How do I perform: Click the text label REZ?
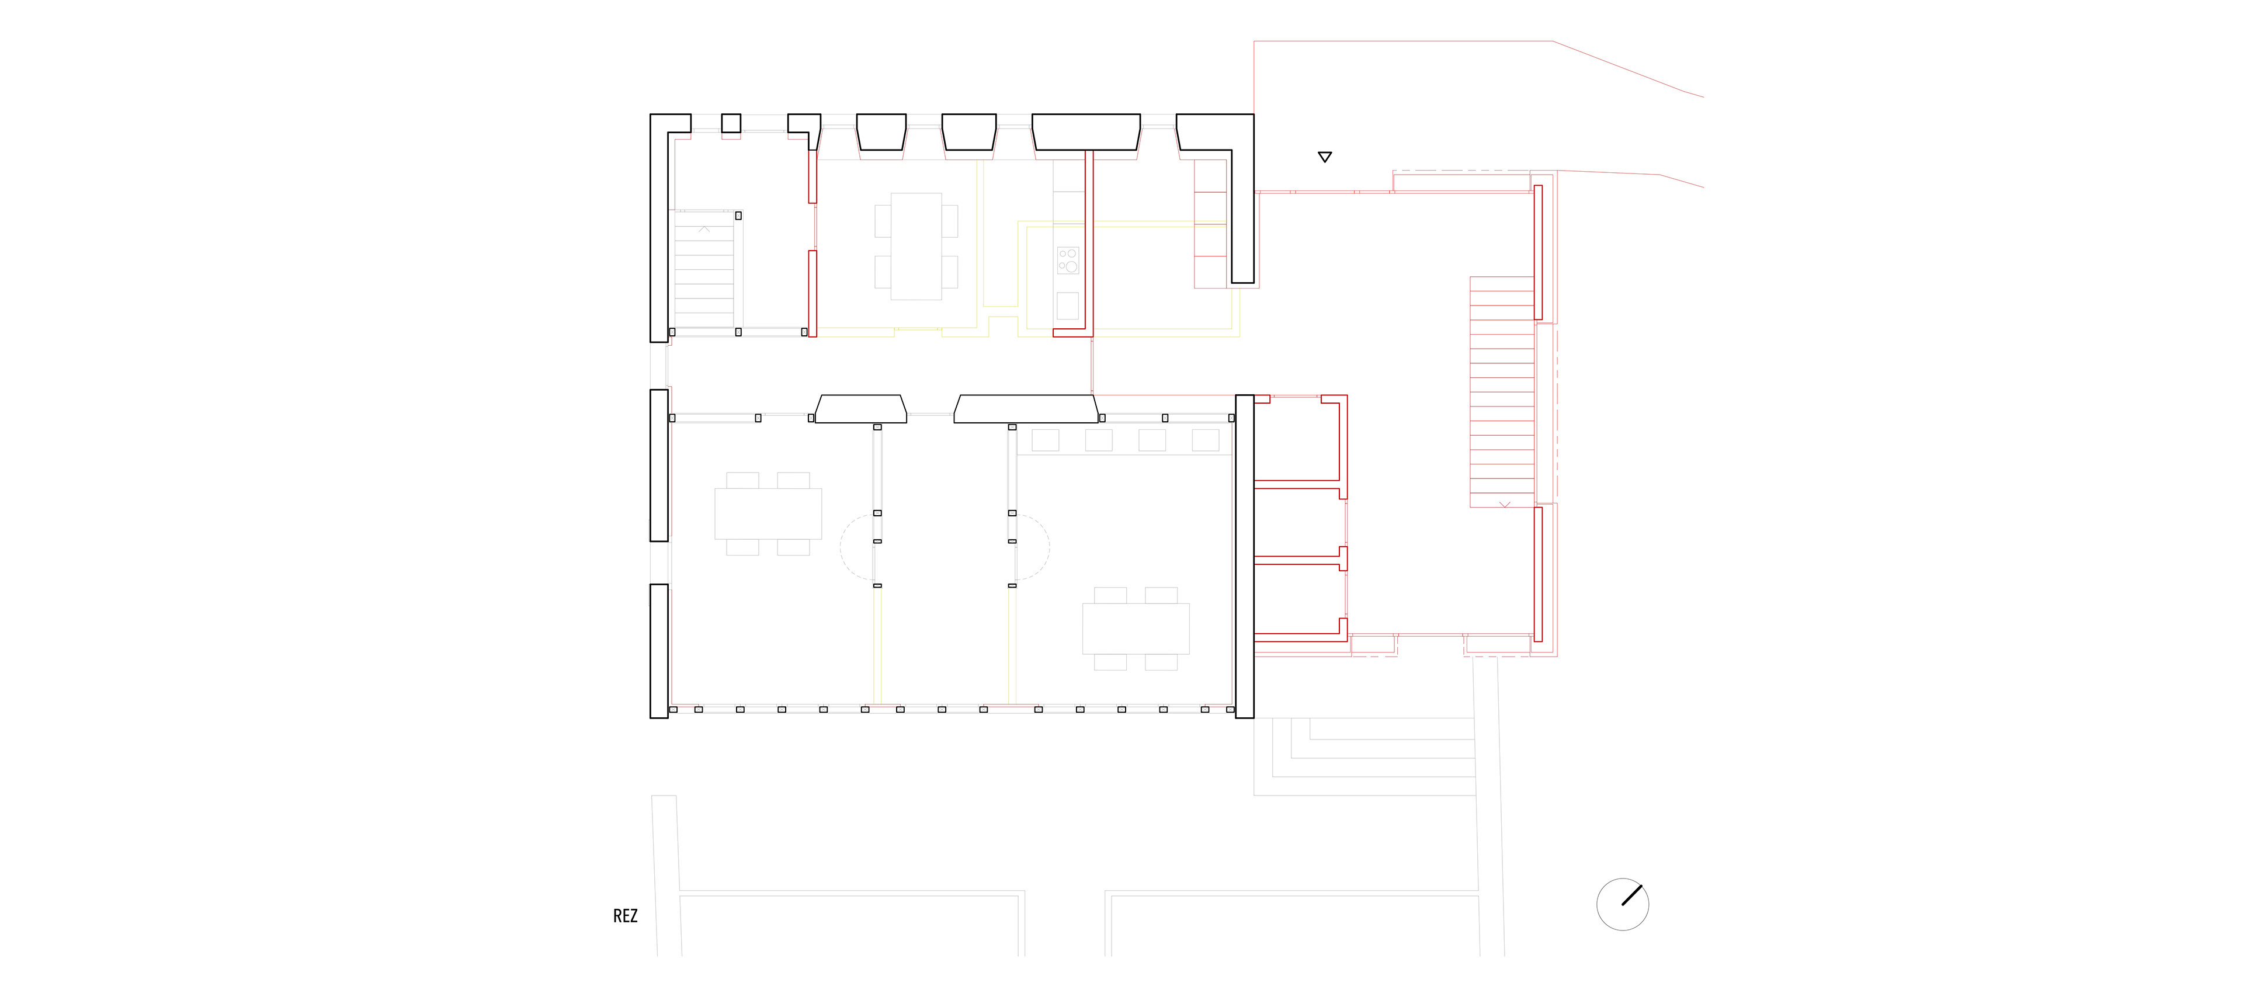[x=625, y=916]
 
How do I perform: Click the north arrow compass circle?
[x=1622, y=904]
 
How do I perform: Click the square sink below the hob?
[x=1068, y=305]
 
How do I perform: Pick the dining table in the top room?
[x=916, y=246]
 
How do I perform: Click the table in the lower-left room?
[x=768, y=513]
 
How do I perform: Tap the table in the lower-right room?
[x=1136, y=628]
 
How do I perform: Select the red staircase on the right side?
[x=1501, y=392]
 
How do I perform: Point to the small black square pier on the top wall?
[x=731, y=124]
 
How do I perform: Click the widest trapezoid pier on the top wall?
[x=1086, y=131]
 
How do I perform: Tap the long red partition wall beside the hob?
[x=1088, y=239]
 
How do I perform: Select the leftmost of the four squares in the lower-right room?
[x=1045, y=440]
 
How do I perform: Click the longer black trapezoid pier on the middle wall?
[x=1025, y=409]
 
